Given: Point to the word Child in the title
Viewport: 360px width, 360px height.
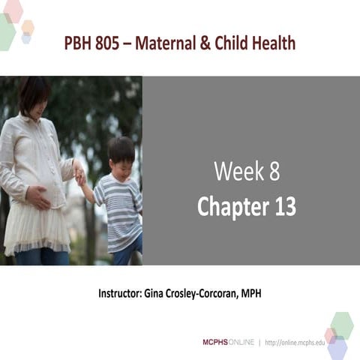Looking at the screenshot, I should point(229,43).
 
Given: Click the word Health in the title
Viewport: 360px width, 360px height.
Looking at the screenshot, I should point(271,43).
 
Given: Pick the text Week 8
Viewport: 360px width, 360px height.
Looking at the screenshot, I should point(246,172).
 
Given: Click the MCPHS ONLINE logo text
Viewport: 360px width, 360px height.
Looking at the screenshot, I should point(228,342).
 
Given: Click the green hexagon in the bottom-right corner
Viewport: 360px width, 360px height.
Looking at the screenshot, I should point(342,324).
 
